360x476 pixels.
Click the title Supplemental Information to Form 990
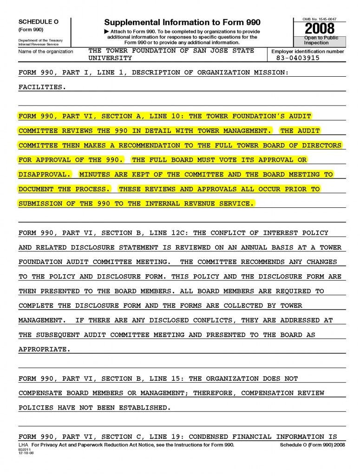[182, 22]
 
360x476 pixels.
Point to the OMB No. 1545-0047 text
[319, 19]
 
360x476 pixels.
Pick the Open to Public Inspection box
[321, 40]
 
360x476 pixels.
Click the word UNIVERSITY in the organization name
[110, 58]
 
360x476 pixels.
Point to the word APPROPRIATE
[45, 350]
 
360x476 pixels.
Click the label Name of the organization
[46, 52]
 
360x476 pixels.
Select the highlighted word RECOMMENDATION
[149, 145]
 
